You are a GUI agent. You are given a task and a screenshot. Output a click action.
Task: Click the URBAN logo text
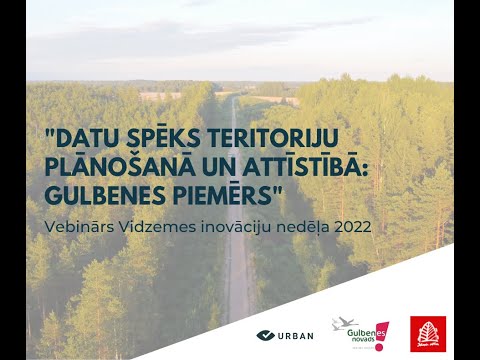296,335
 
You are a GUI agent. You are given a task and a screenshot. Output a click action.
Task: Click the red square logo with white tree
428,333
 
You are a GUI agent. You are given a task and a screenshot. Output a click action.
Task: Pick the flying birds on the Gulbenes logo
344,324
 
